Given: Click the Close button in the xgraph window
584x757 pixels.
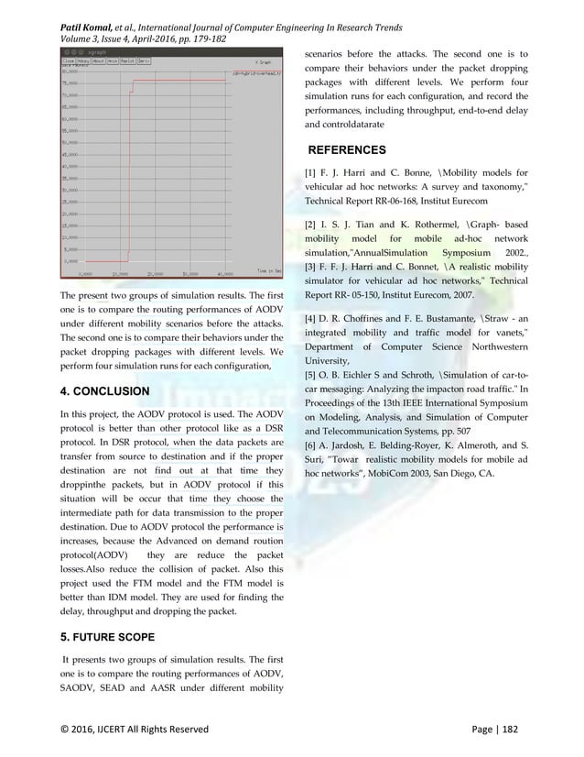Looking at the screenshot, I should pyautogui.click(x=68, y=61).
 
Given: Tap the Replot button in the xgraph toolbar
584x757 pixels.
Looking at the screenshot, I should pyautogui.click(x=123, y=61).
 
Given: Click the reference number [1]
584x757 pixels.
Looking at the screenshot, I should pyautogui.click(x=309, y=172).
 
